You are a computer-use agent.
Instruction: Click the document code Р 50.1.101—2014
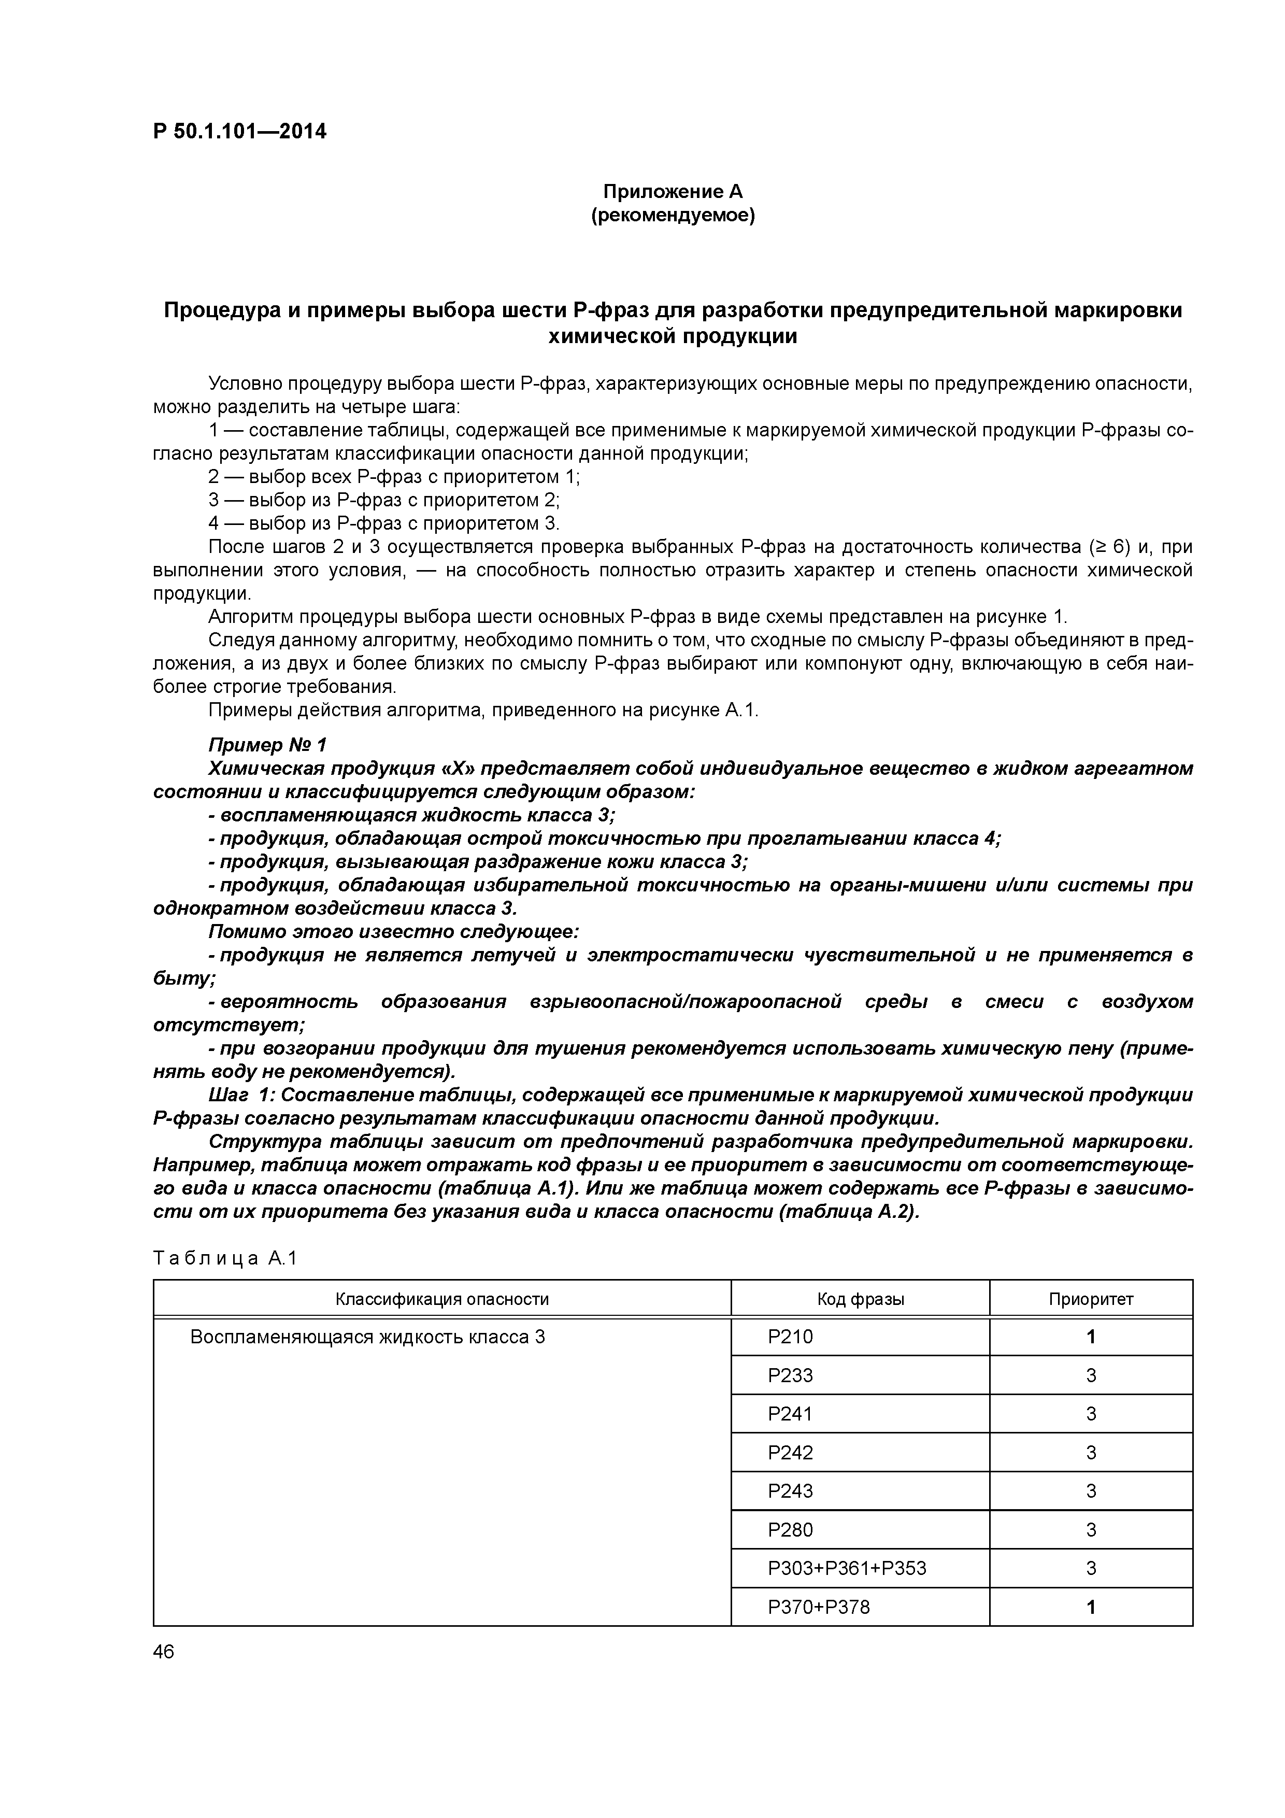point(239,132)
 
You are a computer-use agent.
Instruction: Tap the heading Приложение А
point(673,192)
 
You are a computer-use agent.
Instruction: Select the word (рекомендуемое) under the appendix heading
point(673,216)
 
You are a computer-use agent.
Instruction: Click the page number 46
point(164,1652)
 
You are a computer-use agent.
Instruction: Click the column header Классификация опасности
point(442,1299)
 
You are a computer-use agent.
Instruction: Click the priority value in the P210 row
point(1091,1338)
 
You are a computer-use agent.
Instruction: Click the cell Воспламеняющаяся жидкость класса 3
point(367,1338)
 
